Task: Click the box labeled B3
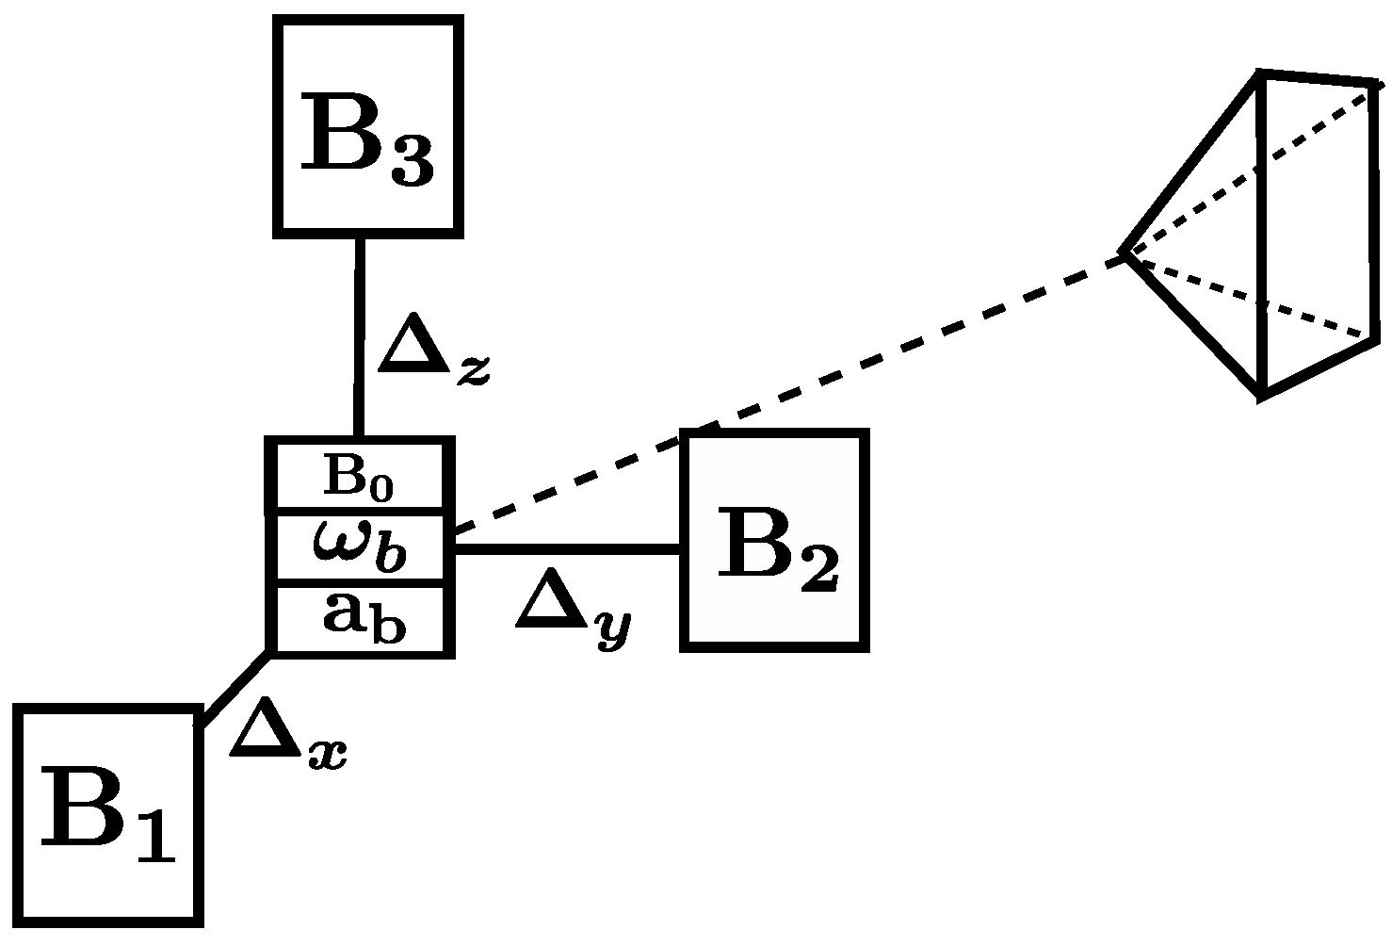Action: pos(368,125)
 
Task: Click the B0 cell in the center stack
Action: pos(359,477)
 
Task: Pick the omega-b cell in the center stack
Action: pos(359,547)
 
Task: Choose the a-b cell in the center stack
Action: pos(359,617)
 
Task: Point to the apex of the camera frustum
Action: pos(1123,253)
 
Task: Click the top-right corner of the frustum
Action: pos(1377,84)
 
